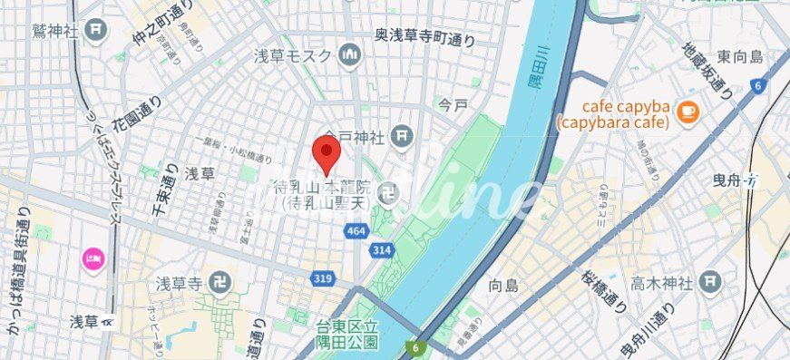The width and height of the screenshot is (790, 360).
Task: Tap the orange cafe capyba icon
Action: click(x=687, y=112)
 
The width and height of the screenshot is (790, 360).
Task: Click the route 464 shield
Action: click(x=356, y=233)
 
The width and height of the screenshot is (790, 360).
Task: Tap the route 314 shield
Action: click(x=381, y=249)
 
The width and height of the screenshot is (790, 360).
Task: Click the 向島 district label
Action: click(x=502, y=285)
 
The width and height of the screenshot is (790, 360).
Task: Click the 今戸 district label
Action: click(x=453, y=105)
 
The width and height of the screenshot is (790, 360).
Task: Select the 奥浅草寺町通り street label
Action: click(x=424, y=34)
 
